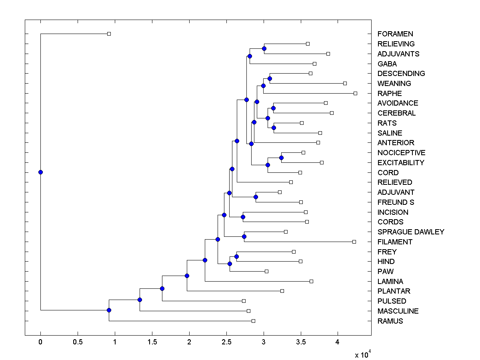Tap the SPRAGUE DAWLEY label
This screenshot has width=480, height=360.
tap(410, 232)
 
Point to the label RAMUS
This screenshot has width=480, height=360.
tap(390, 321)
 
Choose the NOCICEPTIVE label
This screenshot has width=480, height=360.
tap(401, 153)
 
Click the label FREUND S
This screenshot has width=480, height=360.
tap(396, 202)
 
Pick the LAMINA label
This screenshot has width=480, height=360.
tap(390, 282)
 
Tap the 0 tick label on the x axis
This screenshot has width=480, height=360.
tap(40, 342)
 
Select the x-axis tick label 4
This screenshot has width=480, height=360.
tap(338, 342)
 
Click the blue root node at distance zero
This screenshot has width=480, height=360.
tap(40, 172)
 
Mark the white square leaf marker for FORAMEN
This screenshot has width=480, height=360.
tap(109, 34)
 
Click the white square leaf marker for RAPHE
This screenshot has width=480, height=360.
tap(355, 93)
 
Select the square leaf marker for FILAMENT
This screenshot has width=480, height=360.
tap(354, 242)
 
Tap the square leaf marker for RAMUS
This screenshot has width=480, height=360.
tap(253, 321)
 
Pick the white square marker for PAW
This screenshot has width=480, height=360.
tap(266, 271)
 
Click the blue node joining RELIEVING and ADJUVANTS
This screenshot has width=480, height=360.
tap(264, 48)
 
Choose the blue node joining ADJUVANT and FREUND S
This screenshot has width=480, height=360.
tap(256, 197)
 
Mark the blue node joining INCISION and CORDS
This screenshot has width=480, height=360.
tap(243, 217)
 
